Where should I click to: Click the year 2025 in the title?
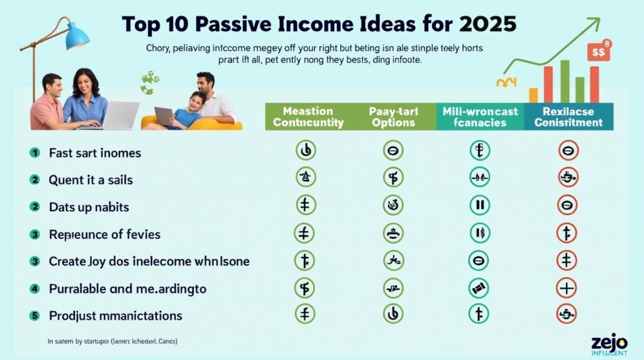(x=486, y=24)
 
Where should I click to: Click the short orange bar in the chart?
(x=533, y=94)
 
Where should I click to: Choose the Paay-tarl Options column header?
(x=393, y=117)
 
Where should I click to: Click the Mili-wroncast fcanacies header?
(x=480, y=117)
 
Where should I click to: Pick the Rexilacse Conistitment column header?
(x=568, y=117)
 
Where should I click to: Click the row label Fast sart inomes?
(x=95, y=153)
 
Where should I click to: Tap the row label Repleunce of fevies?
(x=104, y=234)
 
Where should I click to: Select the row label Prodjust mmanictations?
(x=115, y=315)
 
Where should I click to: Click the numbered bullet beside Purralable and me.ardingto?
(x=35, y=289)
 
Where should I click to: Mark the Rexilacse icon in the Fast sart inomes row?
(x=567, y=150)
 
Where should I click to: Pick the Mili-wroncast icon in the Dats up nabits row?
(x=479, y=205)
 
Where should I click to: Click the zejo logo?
(x=609, y=342)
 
